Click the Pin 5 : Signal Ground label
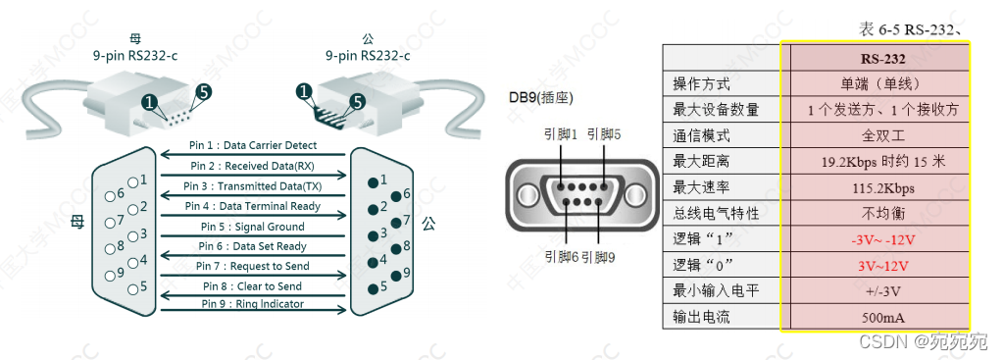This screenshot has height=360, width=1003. [251, 227]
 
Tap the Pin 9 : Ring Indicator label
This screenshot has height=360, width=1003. [253, 304]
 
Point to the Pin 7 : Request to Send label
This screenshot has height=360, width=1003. [253, 266]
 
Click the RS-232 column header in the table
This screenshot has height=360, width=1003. [882, 59]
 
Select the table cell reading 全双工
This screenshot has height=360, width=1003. [882, 136]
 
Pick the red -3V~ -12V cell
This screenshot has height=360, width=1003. [882, 240]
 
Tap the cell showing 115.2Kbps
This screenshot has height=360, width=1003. [882, 188]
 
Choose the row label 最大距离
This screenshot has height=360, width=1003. [701, 162]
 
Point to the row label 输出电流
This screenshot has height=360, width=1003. [701, 318]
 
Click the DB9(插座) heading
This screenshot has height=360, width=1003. [540, 98]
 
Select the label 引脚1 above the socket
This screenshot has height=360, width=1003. [561, 134]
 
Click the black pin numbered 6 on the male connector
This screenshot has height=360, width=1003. [396, 195]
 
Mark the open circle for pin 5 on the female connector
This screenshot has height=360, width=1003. [133, 289]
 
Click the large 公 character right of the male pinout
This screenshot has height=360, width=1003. [429, 224]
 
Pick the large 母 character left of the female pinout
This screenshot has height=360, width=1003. [76, 224]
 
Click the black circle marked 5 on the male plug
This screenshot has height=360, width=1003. [358, 102]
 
